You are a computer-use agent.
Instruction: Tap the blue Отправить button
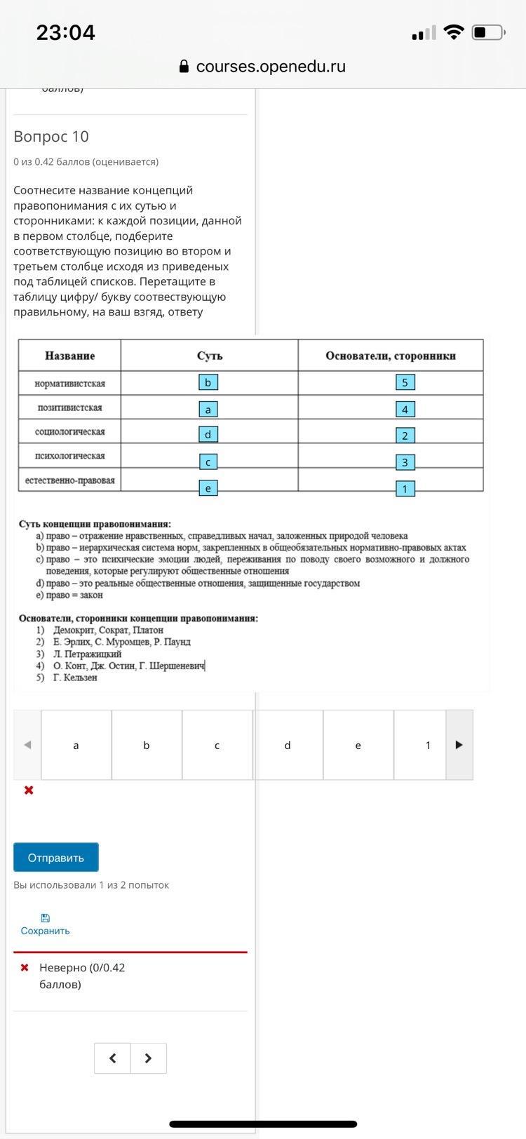(x=56, y=857)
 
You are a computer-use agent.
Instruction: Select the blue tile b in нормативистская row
(x=208, y=382)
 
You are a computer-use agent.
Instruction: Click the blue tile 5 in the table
(x=405, y=382)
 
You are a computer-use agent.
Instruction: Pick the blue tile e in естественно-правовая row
(x=208, y=488)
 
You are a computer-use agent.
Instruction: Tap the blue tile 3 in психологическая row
(x=405, y=462)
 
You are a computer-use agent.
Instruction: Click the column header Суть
(x=210, y=356)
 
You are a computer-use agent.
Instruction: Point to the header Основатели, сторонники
(x=391, y=356)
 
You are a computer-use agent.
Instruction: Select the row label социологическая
(x=70, y=432)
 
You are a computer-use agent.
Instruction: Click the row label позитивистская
(x=70, y=407)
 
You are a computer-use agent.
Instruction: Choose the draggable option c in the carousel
(x=217, y=745)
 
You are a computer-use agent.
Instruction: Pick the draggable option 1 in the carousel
(x=428, y=745)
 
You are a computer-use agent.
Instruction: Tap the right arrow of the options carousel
(x=459, y=745)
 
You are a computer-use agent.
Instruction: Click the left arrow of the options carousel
(x=27, y=745)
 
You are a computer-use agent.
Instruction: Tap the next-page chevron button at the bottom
(x=148, y=1058)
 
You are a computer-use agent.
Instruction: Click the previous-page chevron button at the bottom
(x=112, y=1058)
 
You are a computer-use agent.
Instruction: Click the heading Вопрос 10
(x=51, y=137)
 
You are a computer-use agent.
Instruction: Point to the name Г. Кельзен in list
(x=75, y=678)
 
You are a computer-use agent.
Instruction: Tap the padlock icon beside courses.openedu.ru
(x=184, y=67)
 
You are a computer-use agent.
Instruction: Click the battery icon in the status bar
(x=488, y=32)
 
